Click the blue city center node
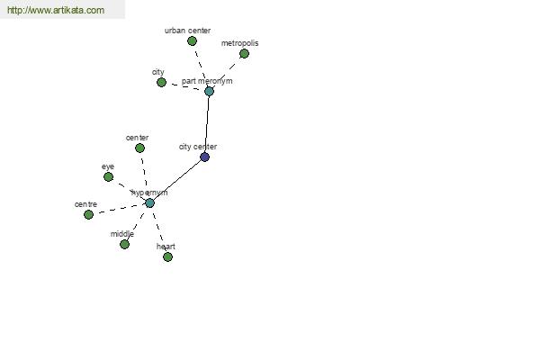204,157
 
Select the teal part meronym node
209,91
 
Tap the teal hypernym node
149,202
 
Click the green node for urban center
192,41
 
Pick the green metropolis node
244,53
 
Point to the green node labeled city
161,82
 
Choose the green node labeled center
139,148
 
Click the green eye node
108,176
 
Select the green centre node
88,214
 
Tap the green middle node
124,244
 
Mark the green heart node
167,256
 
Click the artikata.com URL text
56,10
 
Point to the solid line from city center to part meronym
207,124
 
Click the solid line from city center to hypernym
177,180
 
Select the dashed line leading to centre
119,209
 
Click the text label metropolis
239,43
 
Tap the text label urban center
188,31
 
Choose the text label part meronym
207,81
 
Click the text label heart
166,247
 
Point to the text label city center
198,147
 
